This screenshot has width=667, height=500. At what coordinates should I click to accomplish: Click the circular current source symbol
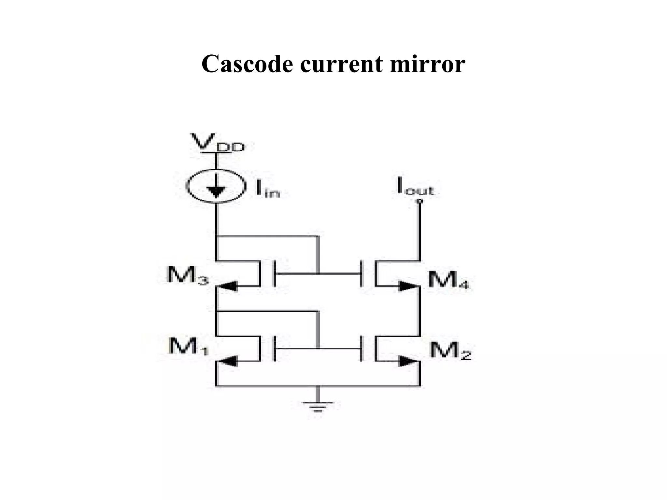click(216, 186)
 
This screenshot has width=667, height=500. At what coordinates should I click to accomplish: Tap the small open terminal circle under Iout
click(420, 201)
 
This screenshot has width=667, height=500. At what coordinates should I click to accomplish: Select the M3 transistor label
click(187, 275)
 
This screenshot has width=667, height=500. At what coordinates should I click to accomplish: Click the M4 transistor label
click(448, 280)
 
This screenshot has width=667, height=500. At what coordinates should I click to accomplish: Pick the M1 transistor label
click(188, 346)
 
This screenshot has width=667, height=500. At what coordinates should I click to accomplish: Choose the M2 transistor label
click(450, 351)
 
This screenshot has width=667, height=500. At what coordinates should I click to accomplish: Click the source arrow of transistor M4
click(408, 286)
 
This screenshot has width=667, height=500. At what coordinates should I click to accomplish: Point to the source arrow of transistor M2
click(408, 361)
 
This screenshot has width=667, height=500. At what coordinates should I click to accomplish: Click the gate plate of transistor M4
click(362, 273)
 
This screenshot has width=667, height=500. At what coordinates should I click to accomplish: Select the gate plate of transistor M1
click(274, 349)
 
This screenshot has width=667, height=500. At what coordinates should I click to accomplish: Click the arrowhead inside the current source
click(216, 191)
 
